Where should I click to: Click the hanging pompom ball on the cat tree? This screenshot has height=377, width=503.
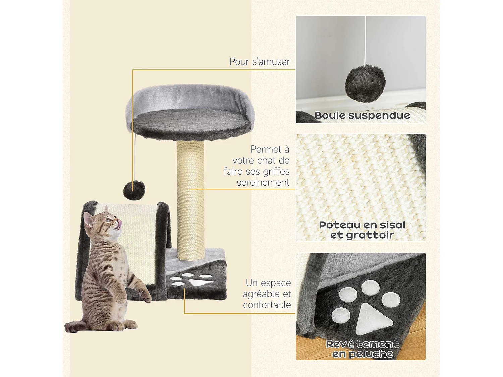coord(134,190)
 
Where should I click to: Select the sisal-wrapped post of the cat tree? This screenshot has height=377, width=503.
coord(190,201)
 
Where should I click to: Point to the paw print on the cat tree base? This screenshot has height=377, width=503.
coord(191,280)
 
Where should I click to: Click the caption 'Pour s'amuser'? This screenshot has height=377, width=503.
coord(260,62)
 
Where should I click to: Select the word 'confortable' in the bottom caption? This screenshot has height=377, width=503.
coord(267,305)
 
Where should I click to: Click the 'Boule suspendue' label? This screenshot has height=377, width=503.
coord(362,116)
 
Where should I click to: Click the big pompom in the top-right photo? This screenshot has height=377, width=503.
coord(365,83)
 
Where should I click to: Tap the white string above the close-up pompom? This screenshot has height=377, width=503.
coord(365,40)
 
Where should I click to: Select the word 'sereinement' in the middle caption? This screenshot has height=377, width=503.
coord(263,183)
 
